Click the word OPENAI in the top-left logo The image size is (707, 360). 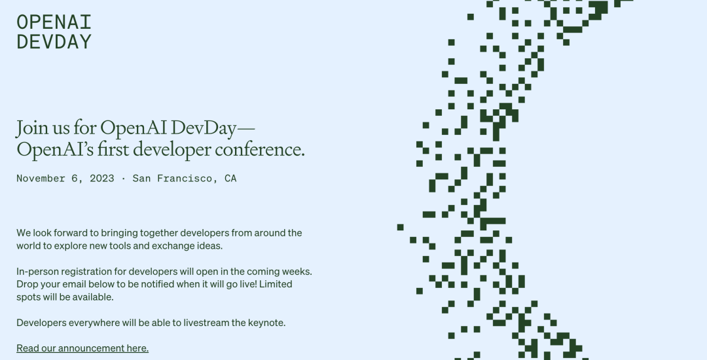(54, 22)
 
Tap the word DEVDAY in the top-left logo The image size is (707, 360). (54, 41)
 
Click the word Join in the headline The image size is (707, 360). (32, 128)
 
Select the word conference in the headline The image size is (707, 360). (259, 149)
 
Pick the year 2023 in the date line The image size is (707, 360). (102, 179)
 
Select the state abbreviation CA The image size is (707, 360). (230, 179)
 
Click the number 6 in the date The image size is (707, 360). (75, 179)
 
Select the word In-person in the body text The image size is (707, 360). (37, 272)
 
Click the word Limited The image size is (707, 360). (276, 284)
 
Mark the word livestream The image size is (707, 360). (206, 323)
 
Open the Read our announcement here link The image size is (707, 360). (82, 348)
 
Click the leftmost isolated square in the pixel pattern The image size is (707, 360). (400, 227)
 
